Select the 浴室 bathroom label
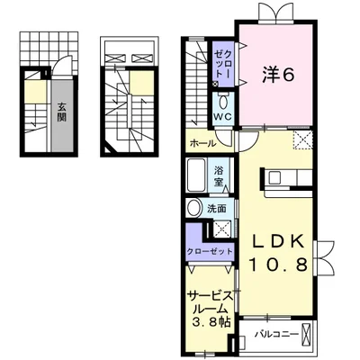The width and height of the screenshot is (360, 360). pyautogui.click(x=219, y=175)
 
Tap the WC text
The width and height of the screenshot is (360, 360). pyautogui.click(x=224, y=117)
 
